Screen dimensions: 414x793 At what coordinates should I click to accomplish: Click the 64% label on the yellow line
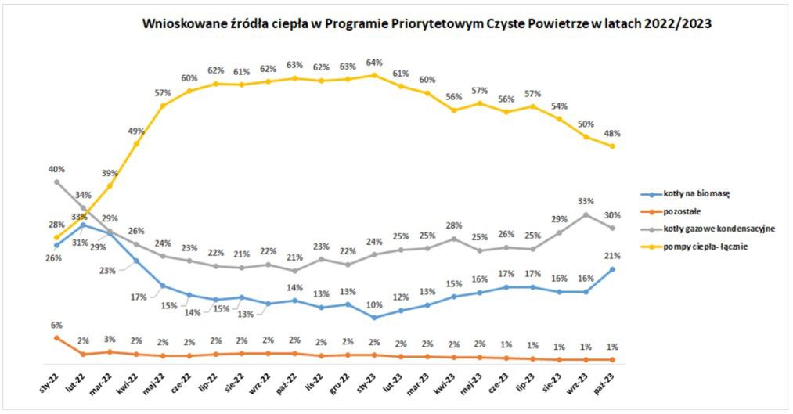[373, 63]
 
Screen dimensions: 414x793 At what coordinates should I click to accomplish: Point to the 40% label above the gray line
[56, 169]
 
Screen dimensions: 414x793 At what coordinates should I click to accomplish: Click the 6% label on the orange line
[56, 325]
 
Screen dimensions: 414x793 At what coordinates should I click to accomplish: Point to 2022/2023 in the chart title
[677, 23]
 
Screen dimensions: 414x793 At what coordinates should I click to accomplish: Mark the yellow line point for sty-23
[374, 75]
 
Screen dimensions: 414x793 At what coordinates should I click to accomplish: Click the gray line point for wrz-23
[586, 214]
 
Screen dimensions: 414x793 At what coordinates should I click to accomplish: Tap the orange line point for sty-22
[56, 337]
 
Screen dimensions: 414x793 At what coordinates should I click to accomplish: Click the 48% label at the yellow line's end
[612, 133]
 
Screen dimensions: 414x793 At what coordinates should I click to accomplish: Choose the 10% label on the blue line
[373, 304]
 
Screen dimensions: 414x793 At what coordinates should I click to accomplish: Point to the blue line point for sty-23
[374, 317]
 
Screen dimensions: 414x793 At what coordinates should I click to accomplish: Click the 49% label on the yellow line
[136, 131]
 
